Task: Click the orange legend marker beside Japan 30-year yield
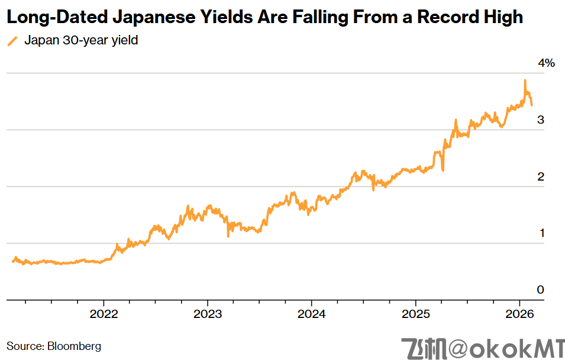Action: pyautogui.click(x=12, y=41)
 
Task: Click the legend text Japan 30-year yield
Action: pyautogui.click(x=81, y=41)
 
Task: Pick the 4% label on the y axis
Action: pyautogui.click(x=546, y=63)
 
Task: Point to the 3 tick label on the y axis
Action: pyautogui.click(x=540, y=120)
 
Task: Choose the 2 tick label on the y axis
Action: pyautogui.click(x=540, y=176)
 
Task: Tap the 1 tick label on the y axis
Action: pyautogui.click(x=541, y=233)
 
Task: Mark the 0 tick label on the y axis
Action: pyautogui.click(x=540, y=290)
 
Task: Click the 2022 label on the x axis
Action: pyautogui.click(x=104, y=314)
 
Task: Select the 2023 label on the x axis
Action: pyautogui.click(x=208, y=314)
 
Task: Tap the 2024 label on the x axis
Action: pyautogui.click(x=312, y=314)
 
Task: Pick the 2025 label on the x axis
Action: pyautogui.click(x=416, y=314)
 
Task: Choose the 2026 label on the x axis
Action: pyautogui.click(x=519, y=314)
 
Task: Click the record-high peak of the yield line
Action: pyautogui.click(x=525, y=81)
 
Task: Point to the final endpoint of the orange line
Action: pyautogui.click(x=531, y=105)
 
